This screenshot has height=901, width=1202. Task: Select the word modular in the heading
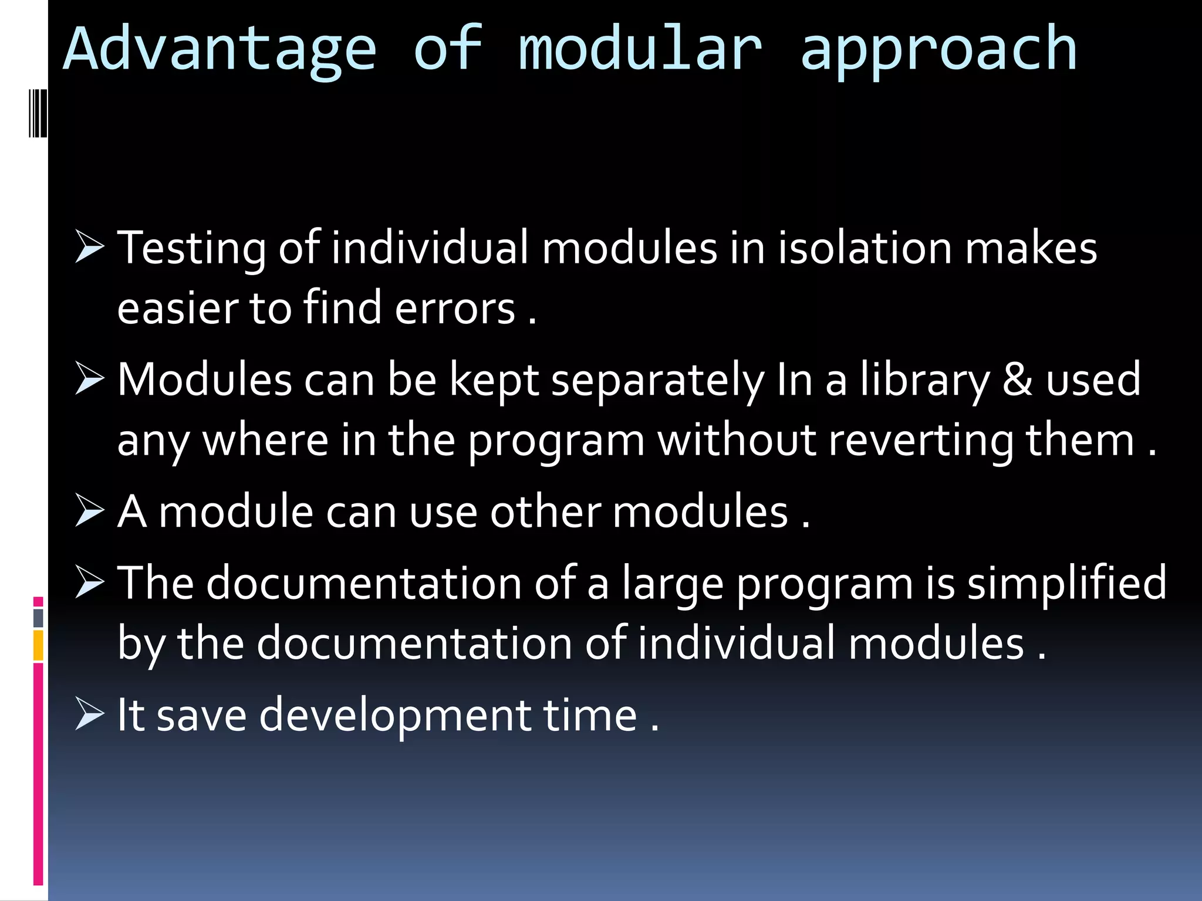point(640,50)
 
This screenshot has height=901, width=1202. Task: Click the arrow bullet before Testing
point(89,247)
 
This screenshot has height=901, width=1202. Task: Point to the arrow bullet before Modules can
point(89,380)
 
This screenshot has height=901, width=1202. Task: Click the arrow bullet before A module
point(89,511)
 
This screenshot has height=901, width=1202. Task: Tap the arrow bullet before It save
point(89,715)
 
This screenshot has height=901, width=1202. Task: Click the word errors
point(455,309)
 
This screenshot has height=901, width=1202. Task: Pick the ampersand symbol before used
point(1017,380)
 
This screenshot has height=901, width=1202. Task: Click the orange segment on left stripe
point(38,645)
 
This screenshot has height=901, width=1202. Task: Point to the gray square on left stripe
point(38,617)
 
